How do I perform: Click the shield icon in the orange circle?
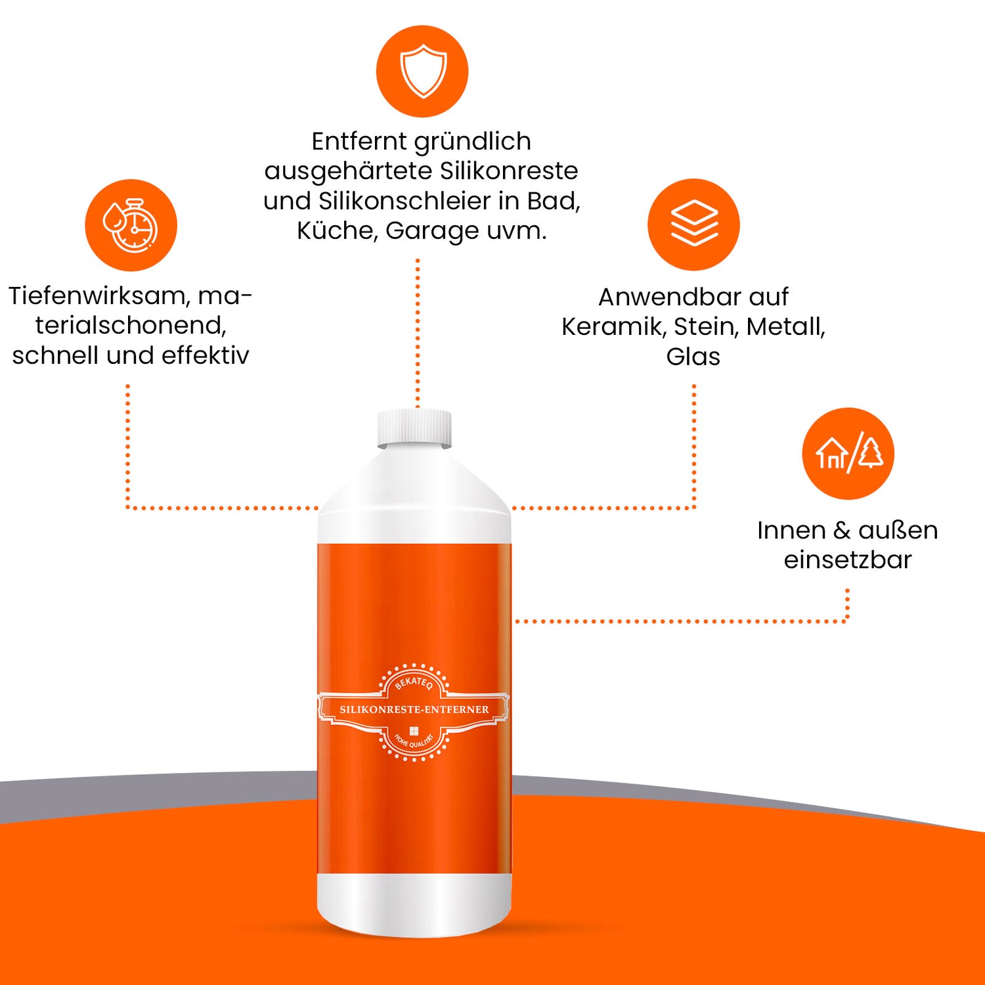(x=423, y=71)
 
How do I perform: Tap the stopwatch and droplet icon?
(x=131, y=225)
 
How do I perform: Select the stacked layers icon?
(x=694, y=223)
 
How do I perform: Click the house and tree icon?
(x=849, y=454)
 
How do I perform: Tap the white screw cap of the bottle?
(x=414, y=428)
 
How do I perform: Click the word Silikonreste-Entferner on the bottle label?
(x=414, y=710)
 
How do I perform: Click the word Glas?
(x=693, y=357)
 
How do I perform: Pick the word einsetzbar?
(x=848, y=559)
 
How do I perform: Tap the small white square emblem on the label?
(x=414, y=731)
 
